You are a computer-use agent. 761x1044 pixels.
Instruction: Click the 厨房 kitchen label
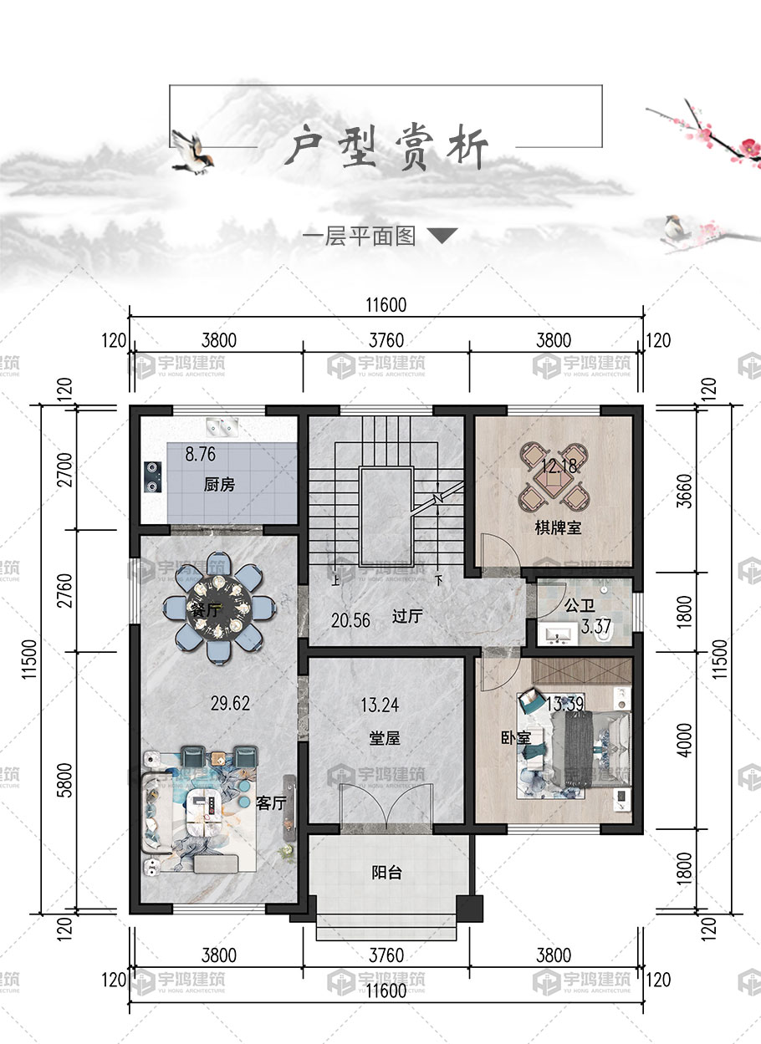point(219,485)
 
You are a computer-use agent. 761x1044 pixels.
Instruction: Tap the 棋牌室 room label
point(558,527)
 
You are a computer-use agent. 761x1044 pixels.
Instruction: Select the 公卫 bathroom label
point(580,605)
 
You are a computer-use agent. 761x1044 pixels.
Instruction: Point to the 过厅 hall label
point(407,616)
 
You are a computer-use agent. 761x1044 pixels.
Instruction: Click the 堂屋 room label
point(384,738)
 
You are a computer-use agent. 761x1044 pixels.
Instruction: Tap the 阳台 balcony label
point(386,872)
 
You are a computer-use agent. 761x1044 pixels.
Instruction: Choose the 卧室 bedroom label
point(516,737)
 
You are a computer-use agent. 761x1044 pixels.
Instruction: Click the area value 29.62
point(230,703)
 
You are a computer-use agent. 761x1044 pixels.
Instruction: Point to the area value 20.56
point(350,620)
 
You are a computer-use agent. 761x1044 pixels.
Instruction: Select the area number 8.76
point(201,454)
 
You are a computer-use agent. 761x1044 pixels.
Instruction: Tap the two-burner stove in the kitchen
point(152,476)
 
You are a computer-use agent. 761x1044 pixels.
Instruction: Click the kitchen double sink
point(222,426)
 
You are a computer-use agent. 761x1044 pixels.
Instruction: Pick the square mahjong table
point(554,478)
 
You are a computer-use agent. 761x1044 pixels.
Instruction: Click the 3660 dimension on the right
point(684,491)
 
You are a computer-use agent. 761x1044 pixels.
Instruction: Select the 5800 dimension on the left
point(66,780)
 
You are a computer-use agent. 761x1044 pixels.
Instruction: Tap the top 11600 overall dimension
point(386,305)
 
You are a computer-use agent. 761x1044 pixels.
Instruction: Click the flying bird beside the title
point(192,152)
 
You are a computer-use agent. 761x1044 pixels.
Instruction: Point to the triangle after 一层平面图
point(442,236)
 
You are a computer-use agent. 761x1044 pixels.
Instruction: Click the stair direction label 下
point(438,581)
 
